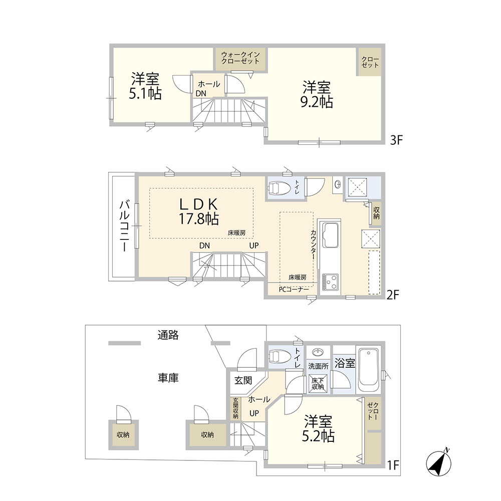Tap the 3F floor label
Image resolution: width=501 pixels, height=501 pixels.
pos(396,140)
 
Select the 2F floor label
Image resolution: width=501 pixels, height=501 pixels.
pos(393,295)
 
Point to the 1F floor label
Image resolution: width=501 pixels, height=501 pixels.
pos(394,465)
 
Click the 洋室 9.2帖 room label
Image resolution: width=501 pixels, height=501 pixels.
pos(317,95)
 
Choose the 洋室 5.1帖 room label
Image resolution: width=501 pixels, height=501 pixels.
pos(145,86)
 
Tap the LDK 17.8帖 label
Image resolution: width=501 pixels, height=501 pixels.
pos(199,211)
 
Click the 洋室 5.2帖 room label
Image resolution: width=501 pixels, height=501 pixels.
pos(318,428)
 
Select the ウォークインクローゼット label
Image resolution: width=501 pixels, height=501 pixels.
pos(240,58)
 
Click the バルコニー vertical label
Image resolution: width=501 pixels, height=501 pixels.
pos(124,225)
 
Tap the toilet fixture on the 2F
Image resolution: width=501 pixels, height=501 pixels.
pos(280,188)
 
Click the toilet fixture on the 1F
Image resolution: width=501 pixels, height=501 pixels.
pos(280,356)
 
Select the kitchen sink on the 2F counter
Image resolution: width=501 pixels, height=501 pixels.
pos(330,235)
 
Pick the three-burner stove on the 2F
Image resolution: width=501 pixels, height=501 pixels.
pos(330,282)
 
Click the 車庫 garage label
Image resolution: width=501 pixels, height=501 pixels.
pos(168,378)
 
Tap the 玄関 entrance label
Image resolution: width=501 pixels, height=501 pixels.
pos(243,381)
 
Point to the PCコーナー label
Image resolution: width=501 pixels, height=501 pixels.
pos(294,290)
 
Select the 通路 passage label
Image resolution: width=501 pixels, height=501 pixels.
pos(168,335)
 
